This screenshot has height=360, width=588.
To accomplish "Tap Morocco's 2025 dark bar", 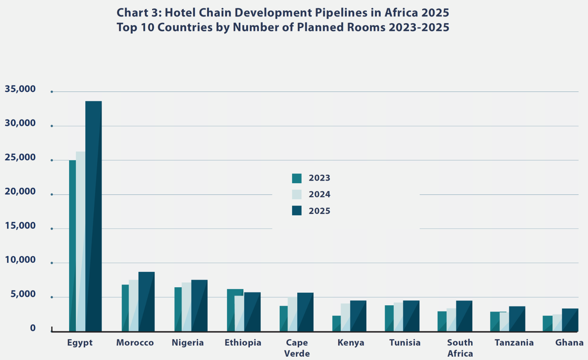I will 147,302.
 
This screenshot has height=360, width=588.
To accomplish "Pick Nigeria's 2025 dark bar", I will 200,306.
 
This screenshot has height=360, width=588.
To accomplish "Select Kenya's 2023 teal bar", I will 336,323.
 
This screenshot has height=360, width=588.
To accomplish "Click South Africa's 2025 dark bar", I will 464,316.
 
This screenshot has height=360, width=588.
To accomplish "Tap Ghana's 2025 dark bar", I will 570,320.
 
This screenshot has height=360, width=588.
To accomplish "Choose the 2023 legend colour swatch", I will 297,178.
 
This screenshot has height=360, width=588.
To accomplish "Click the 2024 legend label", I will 319,195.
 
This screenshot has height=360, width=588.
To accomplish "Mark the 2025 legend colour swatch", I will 297,211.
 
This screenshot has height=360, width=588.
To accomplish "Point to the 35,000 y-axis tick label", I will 20,89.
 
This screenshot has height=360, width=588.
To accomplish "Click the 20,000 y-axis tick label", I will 20,192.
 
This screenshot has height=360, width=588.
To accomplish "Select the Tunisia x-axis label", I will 405,343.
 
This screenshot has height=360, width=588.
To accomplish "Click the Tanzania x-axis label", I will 514,343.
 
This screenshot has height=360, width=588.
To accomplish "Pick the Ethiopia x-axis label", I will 243,343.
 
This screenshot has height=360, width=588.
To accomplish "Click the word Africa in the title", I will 401,13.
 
